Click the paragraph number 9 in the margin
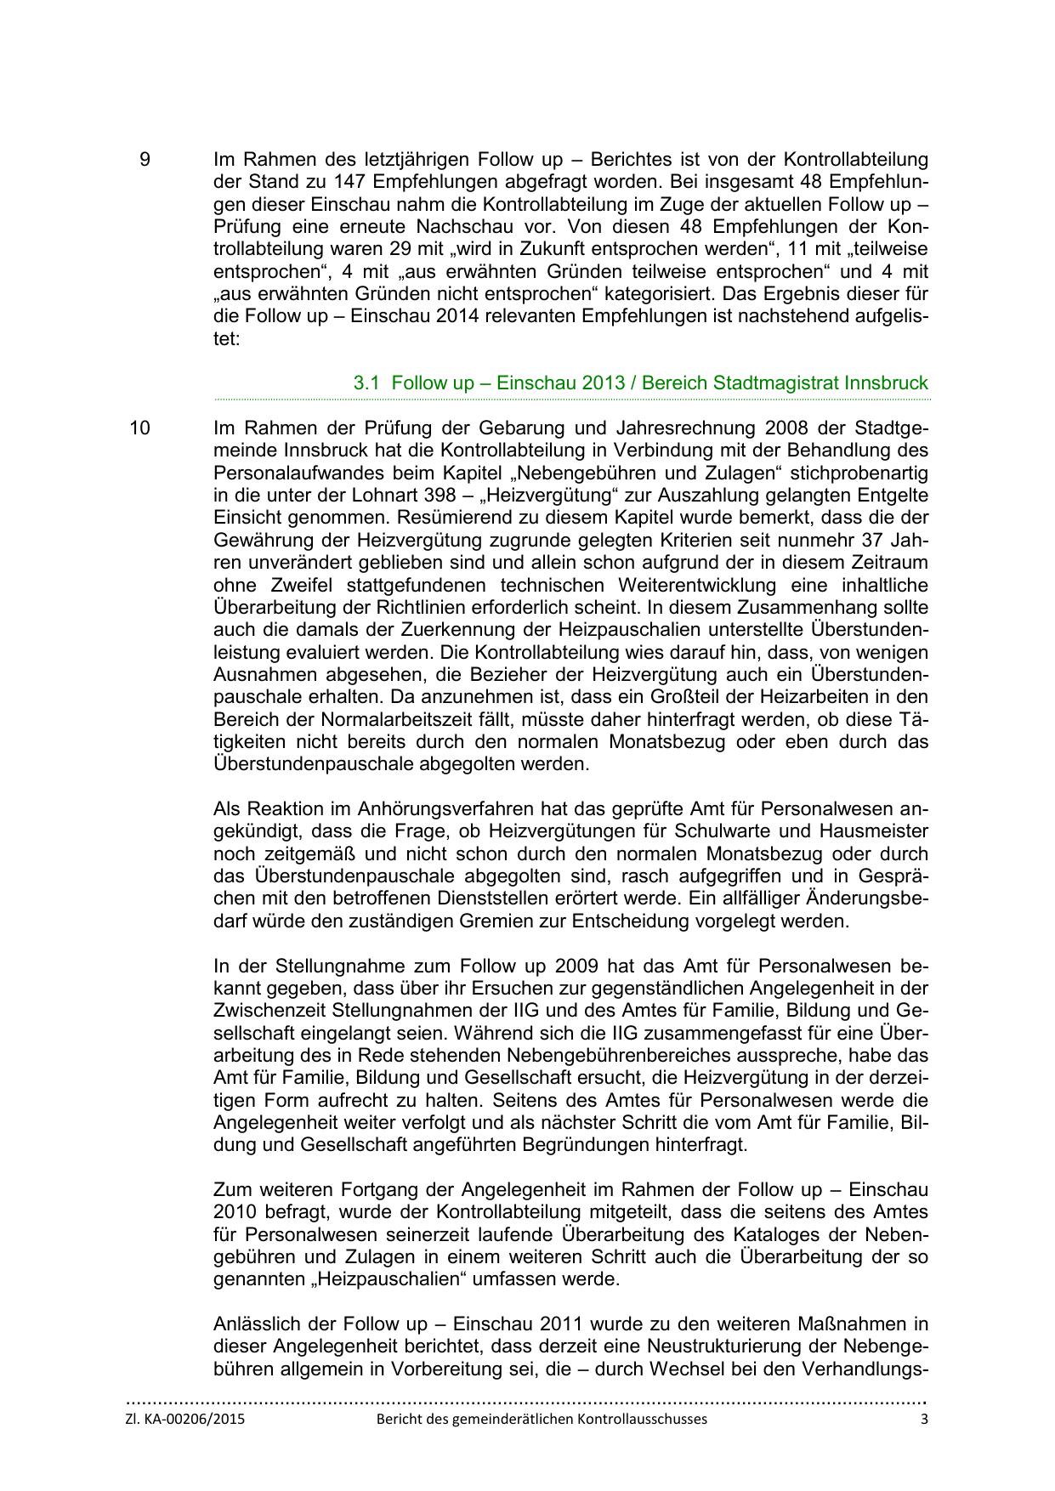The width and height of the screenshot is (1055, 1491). click(x=145, y=159)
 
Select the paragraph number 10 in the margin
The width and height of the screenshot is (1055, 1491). click(x=139, y=428)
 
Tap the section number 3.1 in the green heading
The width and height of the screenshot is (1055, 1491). click(x=366, y=383)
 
